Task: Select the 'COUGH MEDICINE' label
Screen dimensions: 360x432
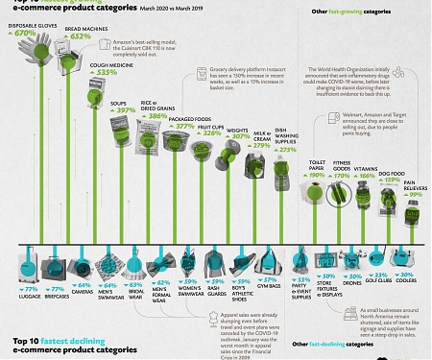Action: click(110, 64)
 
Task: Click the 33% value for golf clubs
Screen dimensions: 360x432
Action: click(378, 285)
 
